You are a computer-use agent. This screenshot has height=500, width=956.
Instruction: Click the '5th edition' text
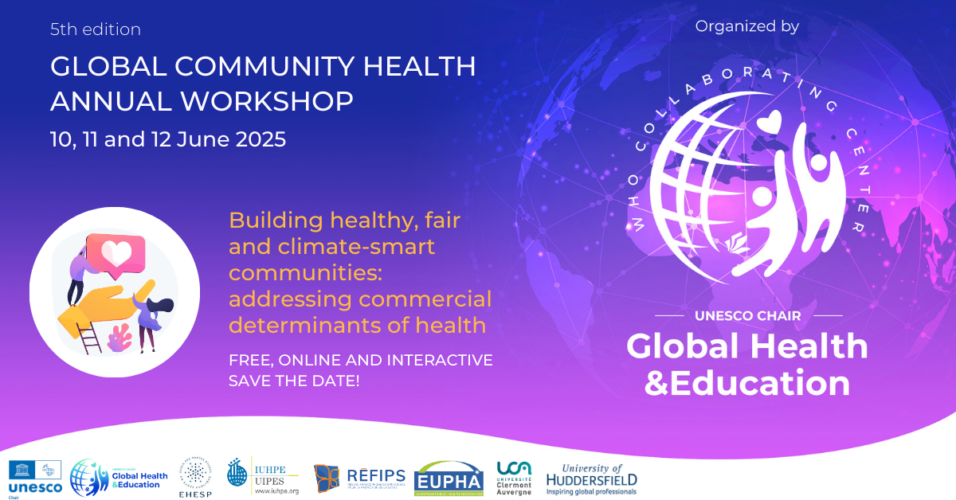tap(96, 30)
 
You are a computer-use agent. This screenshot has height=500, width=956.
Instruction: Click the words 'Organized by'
tap(746, 26)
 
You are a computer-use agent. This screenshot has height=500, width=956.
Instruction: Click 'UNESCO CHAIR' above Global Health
tap(746, 316)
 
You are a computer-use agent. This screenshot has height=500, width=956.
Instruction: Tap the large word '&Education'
tap(746, 383)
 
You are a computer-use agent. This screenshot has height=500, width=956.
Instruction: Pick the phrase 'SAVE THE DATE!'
tap(294, 381)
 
